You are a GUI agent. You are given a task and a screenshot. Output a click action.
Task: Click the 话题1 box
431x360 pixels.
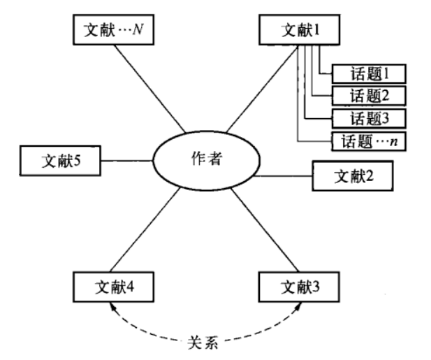click(x=369, y=73)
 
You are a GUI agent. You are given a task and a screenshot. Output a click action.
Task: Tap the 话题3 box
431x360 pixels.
click(x=369, y=117)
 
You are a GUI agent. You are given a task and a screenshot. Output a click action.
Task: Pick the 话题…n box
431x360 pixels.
click(x=369, y=141)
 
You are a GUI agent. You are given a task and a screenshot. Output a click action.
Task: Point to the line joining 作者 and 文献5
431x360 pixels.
click(x=126, y=160)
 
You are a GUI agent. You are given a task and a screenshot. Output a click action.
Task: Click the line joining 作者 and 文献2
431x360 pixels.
click(x=282, y=177)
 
